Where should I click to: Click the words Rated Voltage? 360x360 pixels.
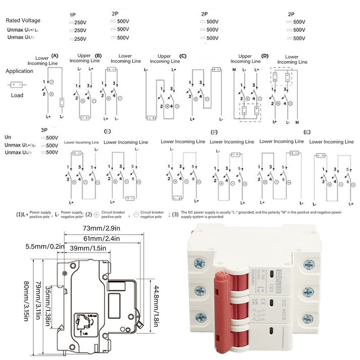coord(23,20)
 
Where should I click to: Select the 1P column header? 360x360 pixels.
coord(73,15)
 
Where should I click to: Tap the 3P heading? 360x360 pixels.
coord(45,130)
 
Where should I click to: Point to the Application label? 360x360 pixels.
coord(19,71)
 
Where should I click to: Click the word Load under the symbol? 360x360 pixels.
coord(17,95)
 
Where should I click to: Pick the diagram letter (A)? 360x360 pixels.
coord(55,55)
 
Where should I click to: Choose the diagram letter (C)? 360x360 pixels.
coord(183,56)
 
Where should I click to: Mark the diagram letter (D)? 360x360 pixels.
coord(265,56)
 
